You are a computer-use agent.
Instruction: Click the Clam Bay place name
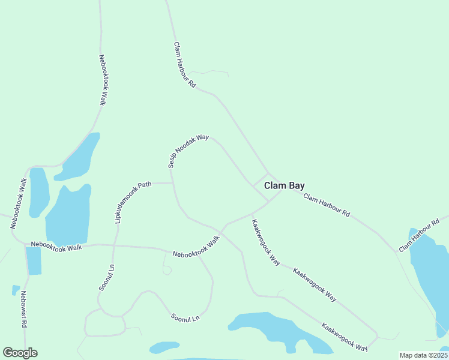tap(284, 186)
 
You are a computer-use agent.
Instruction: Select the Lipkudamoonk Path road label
tap(133, 203)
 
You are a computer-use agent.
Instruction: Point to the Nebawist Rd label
tap(24, 308)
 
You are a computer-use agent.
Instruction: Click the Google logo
tap(20, 353)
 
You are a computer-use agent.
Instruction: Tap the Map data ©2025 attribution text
tap(423, 355)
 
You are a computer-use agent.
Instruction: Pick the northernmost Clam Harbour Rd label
tap(185, 65)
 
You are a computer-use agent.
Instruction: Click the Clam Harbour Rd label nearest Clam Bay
tap(326, 205)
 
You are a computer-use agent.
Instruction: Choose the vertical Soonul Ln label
tap(106, 277)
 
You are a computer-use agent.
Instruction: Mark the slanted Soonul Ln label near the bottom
tap(185, 317)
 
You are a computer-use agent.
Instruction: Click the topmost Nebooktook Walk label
tap(102, 80)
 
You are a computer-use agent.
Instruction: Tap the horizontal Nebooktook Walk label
tap(57, 247)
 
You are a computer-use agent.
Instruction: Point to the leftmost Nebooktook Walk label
tap(19, 203)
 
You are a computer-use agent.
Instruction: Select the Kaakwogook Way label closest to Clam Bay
tap(266, 242)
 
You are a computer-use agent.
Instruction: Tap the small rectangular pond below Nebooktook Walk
tap(34, 261)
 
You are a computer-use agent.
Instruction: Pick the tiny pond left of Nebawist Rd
tap(16, 290)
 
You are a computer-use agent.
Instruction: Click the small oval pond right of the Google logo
tap(164, 347)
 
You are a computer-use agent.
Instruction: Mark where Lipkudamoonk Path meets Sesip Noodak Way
tap(172, 183)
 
